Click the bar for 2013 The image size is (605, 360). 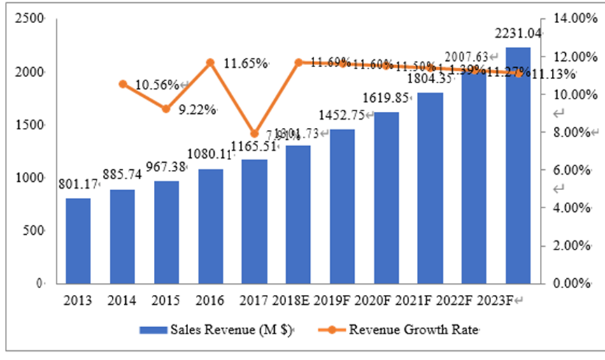78,241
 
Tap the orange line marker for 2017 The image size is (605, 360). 255,134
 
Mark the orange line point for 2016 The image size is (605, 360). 211,63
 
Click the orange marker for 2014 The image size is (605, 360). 122,84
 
